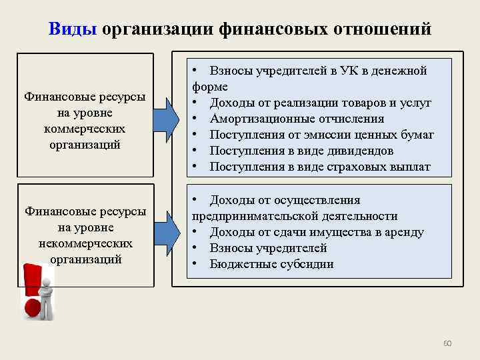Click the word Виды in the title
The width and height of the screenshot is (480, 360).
pyautogui.click(x=73, y=29)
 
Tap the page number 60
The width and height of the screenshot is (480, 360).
pyautogui.click(x=447, y=343)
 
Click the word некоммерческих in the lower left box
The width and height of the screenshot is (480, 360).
pyautogui.click(x=85, y=243)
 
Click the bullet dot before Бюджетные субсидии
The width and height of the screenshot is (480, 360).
pyautogui.click(x=196, y=264)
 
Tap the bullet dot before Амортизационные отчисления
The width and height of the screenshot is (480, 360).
pyautogui.click(x=196, y=119)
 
